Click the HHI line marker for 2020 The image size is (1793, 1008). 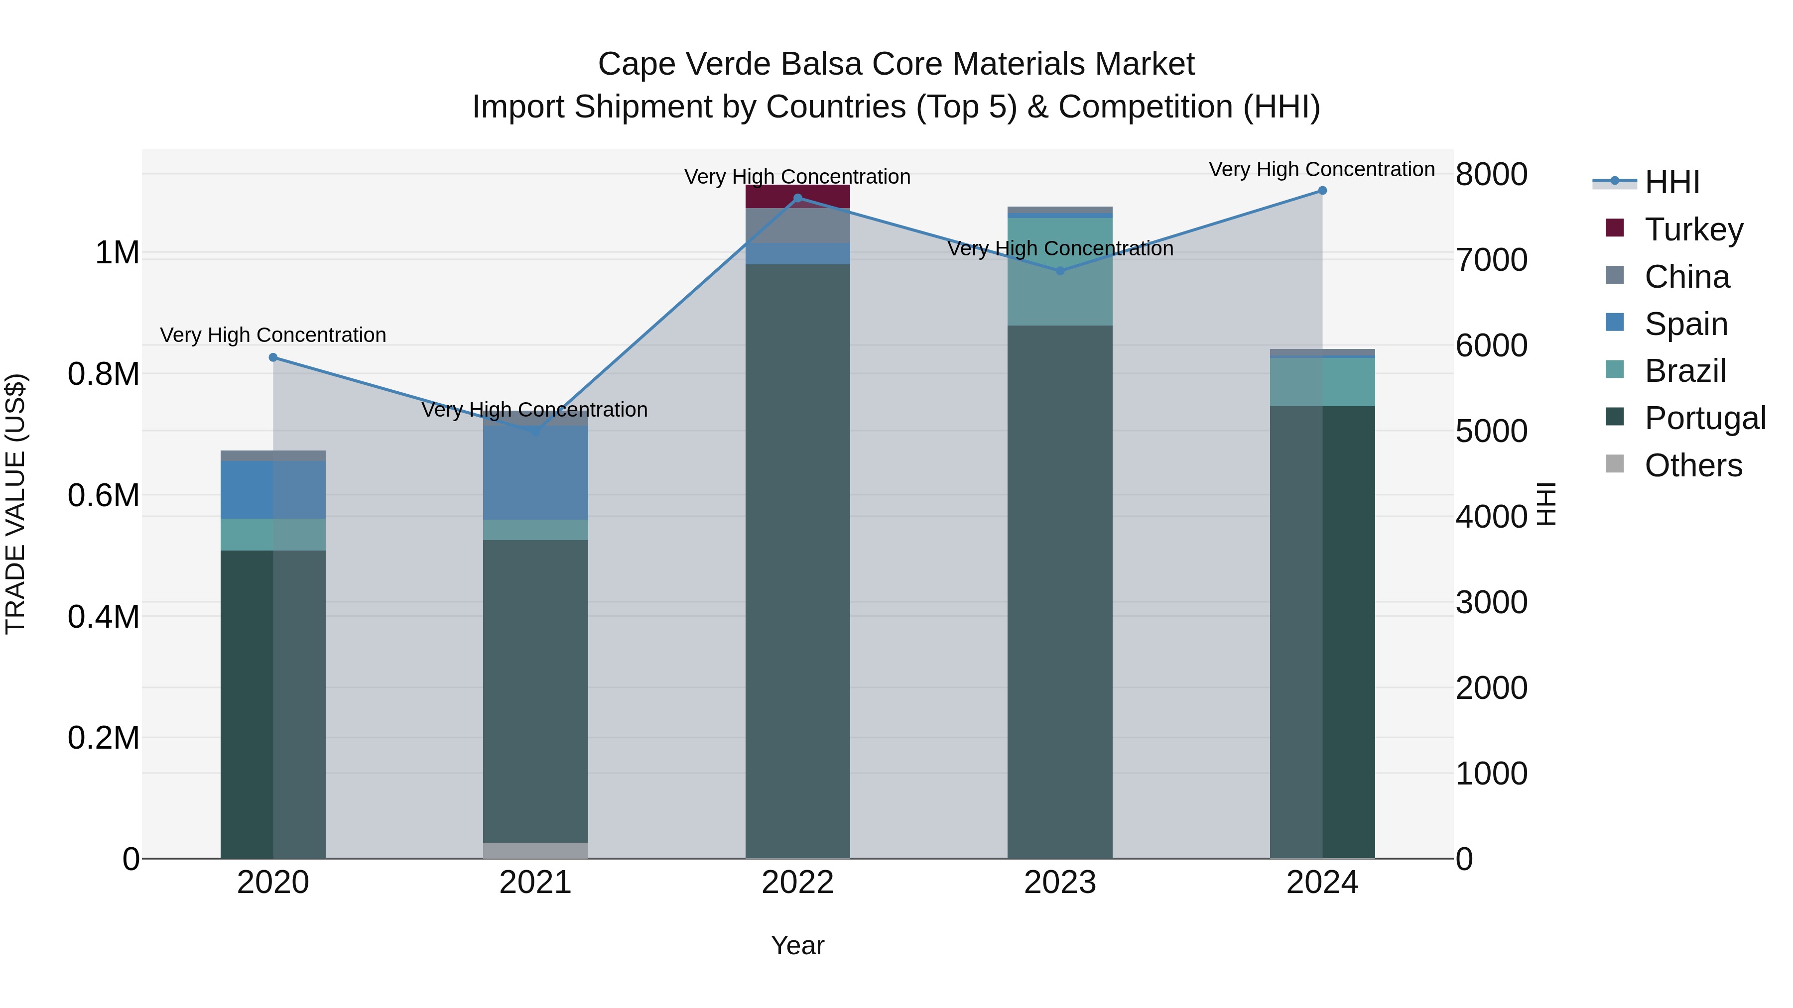pos(273,357)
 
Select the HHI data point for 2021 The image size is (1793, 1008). pos(535,431)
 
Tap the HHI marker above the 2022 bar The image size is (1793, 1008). pos(798,198)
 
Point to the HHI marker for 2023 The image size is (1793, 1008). pos(1060,271)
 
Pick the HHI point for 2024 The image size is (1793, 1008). pos(1322,191)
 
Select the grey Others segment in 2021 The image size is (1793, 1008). pos(535,850)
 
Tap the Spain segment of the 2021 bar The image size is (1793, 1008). pos(535,473)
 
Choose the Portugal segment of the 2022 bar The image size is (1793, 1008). pos(798,557)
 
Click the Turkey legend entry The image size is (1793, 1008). pos(1693,229)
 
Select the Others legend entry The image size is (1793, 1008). pos(1693,465)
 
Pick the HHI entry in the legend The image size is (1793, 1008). pos(1672,182)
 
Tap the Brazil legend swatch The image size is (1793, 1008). pos(1615,369)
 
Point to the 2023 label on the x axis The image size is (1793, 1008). pos(1060,883)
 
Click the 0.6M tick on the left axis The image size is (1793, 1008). pos(104,496)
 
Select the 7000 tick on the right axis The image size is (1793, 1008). pos(1491,260)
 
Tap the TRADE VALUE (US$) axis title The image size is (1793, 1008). pos(15,504)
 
